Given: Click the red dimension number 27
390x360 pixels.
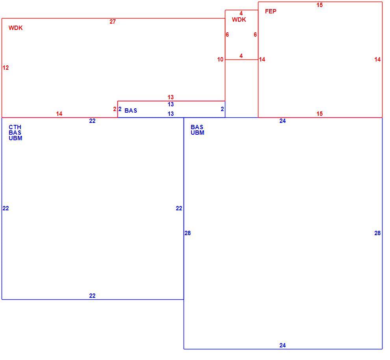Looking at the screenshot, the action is tap(112, 22).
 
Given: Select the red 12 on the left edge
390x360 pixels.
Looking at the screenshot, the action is tap(6, 68).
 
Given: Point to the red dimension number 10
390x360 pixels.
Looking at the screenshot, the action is tap(220, 59).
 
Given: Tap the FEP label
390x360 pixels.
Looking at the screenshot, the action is tap(271, 11).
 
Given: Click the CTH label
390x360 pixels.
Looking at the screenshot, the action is tap(15, 127).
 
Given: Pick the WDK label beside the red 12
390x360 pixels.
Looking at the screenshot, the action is tap(15, 28).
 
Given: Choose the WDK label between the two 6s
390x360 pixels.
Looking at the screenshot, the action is tap(239, 20).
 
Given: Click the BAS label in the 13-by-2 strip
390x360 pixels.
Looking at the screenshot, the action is tap(130, 110).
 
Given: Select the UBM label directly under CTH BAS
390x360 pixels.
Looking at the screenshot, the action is tap(15, 138).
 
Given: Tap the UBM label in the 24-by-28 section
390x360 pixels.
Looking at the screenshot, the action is tap(197, 133).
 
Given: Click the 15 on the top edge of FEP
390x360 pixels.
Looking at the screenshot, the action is tap(319, 5).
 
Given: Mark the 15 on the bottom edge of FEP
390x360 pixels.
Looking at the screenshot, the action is tap(319, 113).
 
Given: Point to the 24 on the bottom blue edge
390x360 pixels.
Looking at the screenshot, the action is tap(282, 345).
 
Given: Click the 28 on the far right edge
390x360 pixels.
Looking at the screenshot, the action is tap(377, 233).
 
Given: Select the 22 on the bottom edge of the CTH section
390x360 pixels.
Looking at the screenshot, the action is tap(92, 296).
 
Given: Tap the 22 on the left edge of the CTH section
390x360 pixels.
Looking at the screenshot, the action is tap(6, 208).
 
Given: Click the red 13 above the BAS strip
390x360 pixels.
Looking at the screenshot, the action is tap(171, 97).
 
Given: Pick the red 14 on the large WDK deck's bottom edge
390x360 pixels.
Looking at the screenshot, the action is tap(59, 113).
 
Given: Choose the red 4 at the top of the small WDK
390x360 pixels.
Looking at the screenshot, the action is tap(241, 13).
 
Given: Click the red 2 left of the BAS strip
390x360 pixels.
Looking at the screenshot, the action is tap(115, 109).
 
